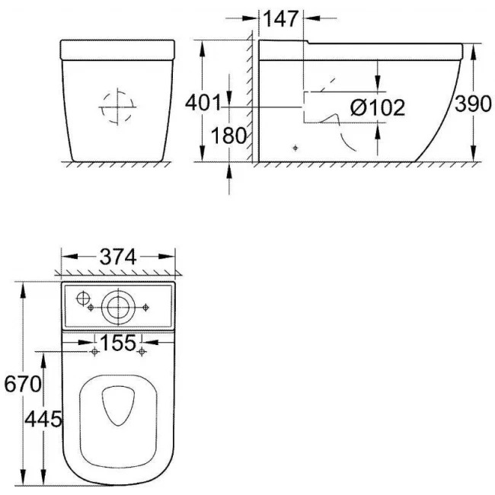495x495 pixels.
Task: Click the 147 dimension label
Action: click(x=280, y=19)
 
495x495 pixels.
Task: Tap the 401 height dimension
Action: click(x=203, y=103)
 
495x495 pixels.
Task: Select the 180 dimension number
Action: click(x=228, y=136)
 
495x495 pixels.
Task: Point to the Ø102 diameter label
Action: click(x=378, y=107)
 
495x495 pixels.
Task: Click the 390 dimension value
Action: click(x=473, y=104)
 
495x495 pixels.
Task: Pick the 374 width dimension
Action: click(x=118, y=257)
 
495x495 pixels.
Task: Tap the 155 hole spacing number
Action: click(x=118, y=343)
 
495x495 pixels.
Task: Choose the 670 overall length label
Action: click(x=23, y=384)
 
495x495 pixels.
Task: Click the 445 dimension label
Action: click(x=43, y=420)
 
